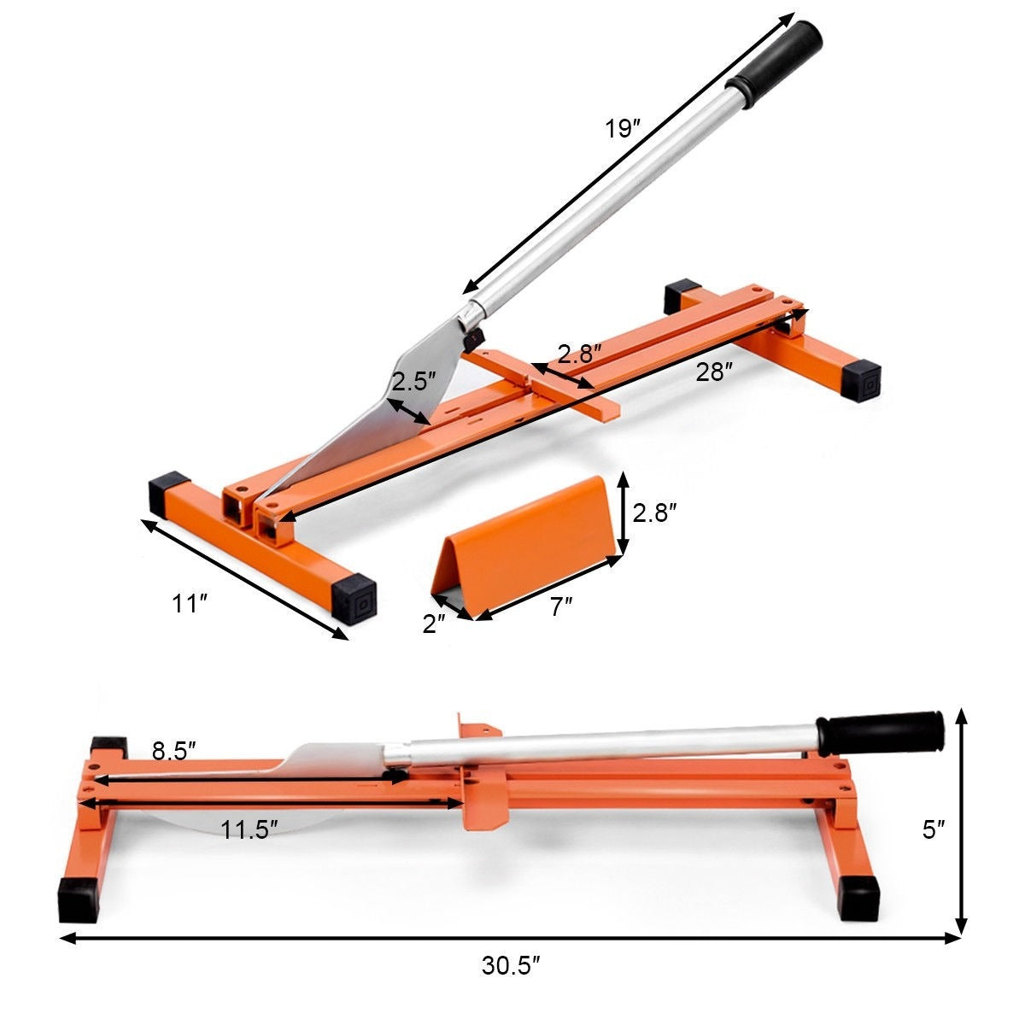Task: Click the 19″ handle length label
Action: tap(623, 129)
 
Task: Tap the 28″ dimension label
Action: tap(714, 372)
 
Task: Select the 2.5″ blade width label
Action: tap(414, 381)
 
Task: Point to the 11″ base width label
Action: tap(190, 605)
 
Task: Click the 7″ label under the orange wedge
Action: tap(560, 607)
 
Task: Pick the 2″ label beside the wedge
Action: tap(434, 624)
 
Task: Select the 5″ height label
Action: tap(934, 830)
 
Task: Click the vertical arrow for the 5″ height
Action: tap(963, 820)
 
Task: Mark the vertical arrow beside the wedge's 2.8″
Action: tap(624, 512)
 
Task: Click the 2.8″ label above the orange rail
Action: tap(580, 354)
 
